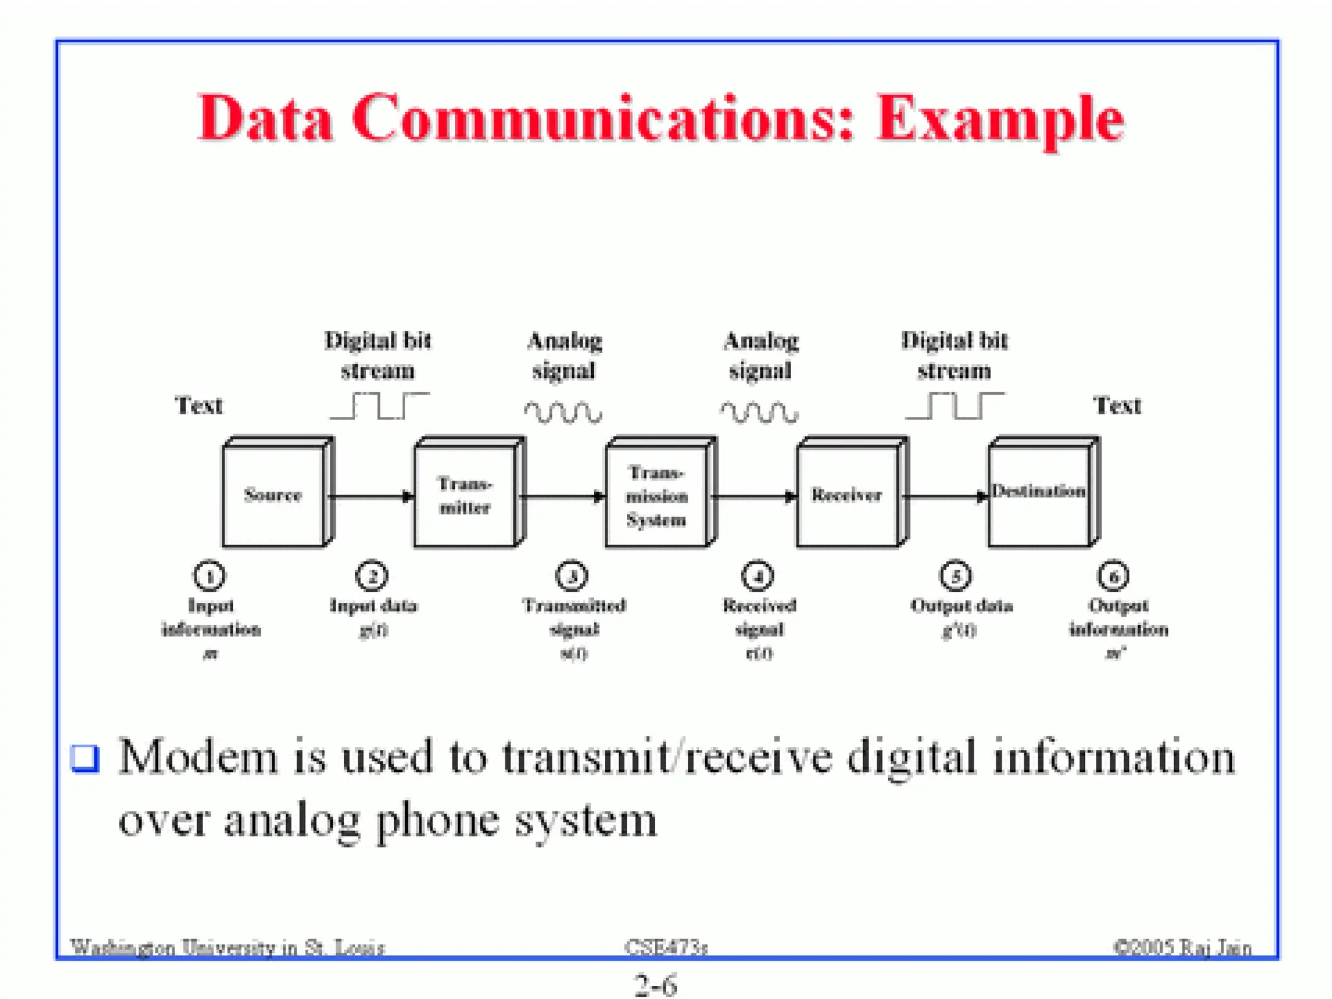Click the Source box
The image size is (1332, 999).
pos(273,495)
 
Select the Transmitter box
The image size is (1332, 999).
pos(465,495)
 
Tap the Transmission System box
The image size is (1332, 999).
pos(656,495)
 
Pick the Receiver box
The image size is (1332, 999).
pos(847,495)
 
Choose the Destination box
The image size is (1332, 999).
pos(1039,492)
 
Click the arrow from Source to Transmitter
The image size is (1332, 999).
pos(371,497)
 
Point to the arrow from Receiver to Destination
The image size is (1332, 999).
pos(946,497)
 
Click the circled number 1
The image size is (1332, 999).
pos(209,576)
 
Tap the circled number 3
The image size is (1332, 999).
pos(572,576)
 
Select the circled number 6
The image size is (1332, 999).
pos(1113,576)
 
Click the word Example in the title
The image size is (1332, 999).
pos(1000,119)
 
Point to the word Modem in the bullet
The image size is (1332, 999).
pos(198,758)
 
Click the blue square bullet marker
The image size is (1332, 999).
pos(85,758)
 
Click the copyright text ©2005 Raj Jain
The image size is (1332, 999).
pos(1182,948)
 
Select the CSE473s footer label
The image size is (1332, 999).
pos(665,948)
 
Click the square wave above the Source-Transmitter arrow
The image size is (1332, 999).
pos(379,406)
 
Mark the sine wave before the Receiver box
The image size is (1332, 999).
pos(758,412)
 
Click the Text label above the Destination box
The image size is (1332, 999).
pos(1117,405)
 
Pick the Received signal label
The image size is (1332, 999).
pos(759,617)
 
